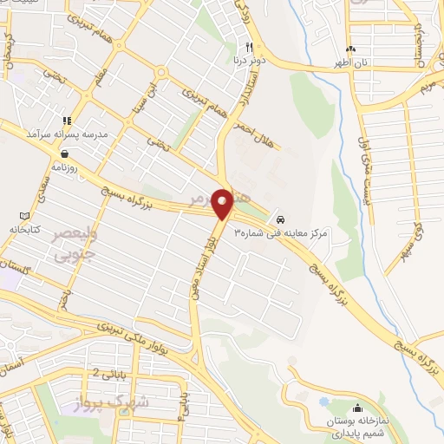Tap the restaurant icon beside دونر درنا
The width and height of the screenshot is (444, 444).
(x=249, y=48)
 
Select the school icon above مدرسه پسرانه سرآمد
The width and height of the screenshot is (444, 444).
(x=67, y=121)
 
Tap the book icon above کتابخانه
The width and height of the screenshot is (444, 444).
(x=23, y=216)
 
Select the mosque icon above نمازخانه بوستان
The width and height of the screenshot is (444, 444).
(x=356, y=408)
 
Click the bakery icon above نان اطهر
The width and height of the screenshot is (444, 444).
(x=350, y=49)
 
